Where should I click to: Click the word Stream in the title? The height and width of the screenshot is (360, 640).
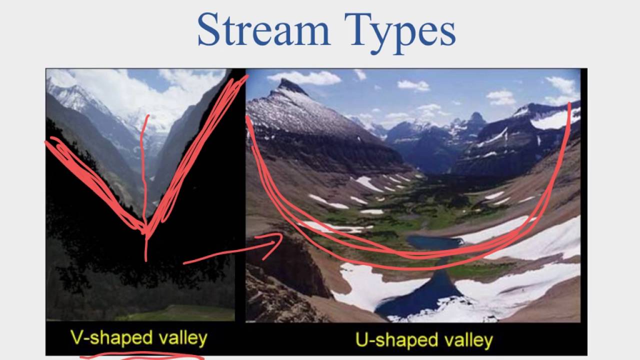pos(263,30)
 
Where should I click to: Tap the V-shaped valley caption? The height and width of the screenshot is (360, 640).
pos(138,338)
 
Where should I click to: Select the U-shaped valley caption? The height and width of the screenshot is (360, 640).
pos(424,340)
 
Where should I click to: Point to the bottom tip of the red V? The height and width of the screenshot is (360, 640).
pos(145,231)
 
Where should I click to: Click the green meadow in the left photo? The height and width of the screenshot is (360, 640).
pos(175,313)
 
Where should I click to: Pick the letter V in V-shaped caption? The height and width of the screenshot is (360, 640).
pos(76,338)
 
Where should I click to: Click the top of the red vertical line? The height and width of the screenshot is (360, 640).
pos(147,117)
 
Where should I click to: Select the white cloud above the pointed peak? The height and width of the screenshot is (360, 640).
pos(305,77)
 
